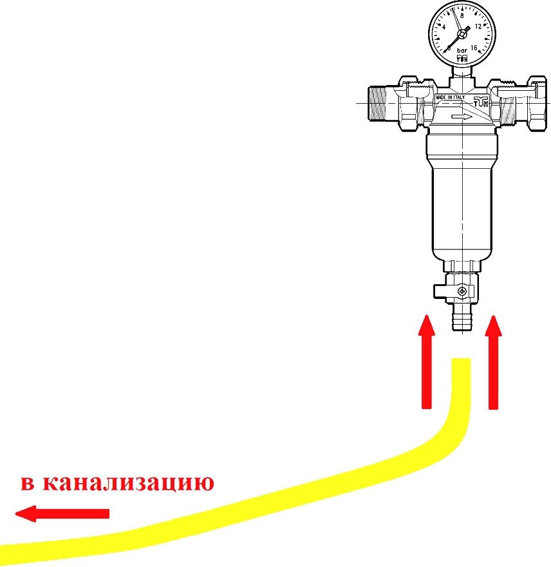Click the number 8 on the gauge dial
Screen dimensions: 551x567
[462, 14]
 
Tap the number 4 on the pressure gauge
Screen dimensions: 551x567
[444, 28]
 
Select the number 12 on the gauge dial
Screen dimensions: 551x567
[478, 27]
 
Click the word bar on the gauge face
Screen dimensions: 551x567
[462, 50]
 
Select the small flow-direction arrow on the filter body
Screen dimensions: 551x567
[462, 117]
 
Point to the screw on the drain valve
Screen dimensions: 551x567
[462, 293]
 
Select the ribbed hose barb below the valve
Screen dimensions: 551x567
[462, 318]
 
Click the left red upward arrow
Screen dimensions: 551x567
[425, 361]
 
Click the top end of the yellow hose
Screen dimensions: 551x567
[461, 362]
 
